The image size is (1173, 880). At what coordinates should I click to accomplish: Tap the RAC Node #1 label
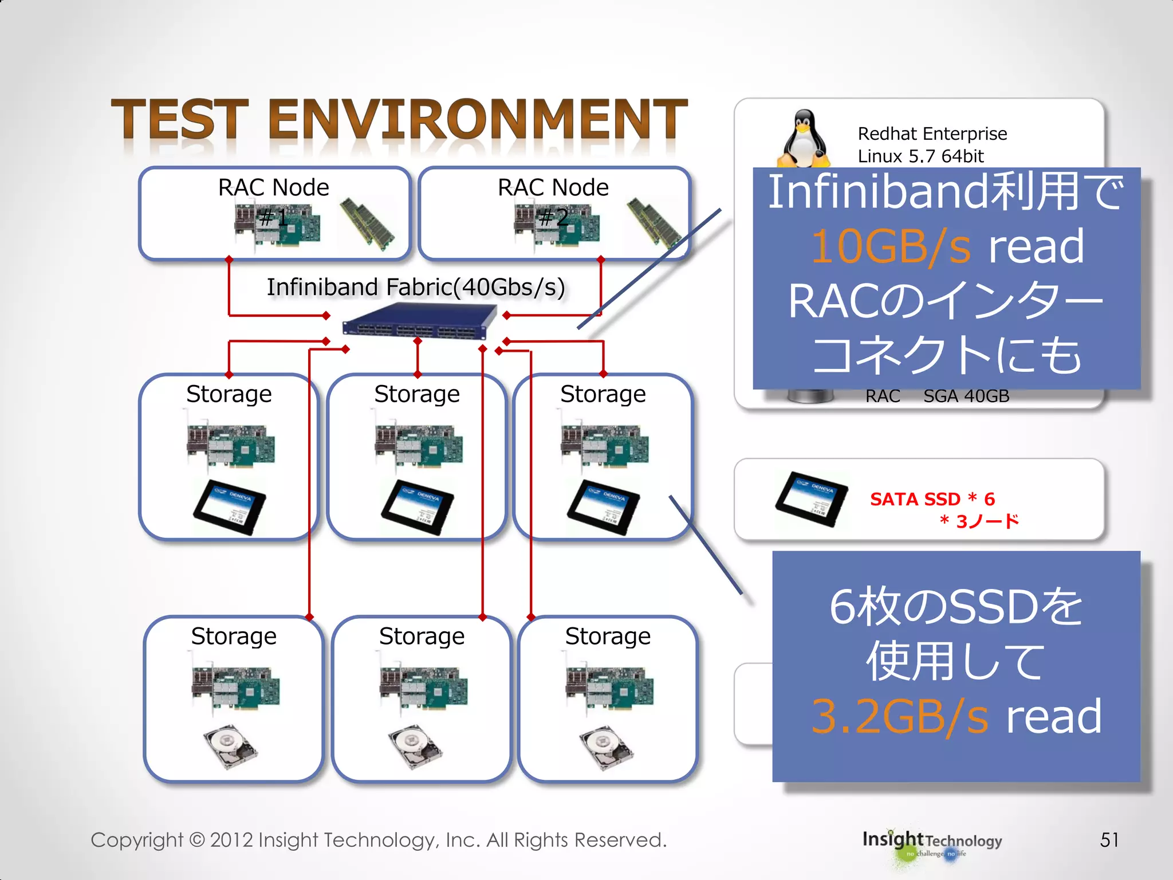tap(273, 188)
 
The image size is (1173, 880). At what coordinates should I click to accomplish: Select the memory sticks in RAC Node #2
tap(653, 223)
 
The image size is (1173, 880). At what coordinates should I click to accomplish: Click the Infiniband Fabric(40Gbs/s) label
tap(416, 287)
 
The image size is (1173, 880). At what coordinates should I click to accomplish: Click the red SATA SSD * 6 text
tap(932, 499)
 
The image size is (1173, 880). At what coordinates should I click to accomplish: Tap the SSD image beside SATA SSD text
tap(812, 498)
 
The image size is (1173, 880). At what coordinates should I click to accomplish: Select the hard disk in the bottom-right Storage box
tap(606, 748)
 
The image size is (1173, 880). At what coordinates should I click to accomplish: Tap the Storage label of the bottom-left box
tap(234, 636)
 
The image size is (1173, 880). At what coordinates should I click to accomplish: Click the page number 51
tap(1109, 840)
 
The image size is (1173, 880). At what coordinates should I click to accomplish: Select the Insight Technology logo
tap(932, 842)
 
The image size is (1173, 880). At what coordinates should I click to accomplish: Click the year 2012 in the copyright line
tap(231, 840)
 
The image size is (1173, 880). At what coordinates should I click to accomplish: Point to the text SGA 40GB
tap(966, 396)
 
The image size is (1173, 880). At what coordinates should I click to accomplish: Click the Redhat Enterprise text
tap(932, 134)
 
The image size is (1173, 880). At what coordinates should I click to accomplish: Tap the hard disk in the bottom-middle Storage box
tap(415, 747)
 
